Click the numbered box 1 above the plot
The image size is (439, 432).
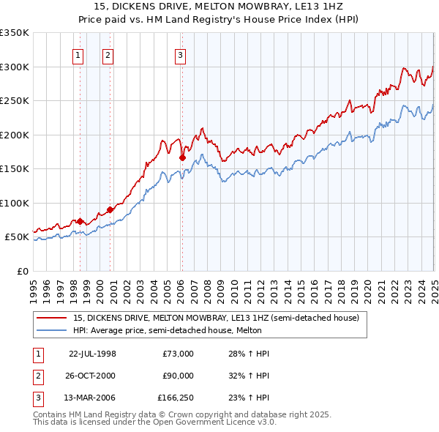[78, 53]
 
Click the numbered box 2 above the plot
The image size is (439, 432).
[108, 53]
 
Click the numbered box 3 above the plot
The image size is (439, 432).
[179, 53]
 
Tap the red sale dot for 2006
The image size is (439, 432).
[182, 157]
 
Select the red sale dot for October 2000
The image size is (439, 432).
[110, 209]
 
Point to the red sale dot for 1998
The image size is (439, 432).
[80, 221]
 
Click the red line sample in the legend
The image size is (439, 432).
[52, 319]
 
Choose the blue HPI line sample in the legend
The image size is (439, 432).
[52, 331]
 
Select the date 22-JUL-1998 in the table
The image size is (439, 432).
[92, 354]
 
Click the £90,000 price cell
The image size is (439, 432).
[178, 376]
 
